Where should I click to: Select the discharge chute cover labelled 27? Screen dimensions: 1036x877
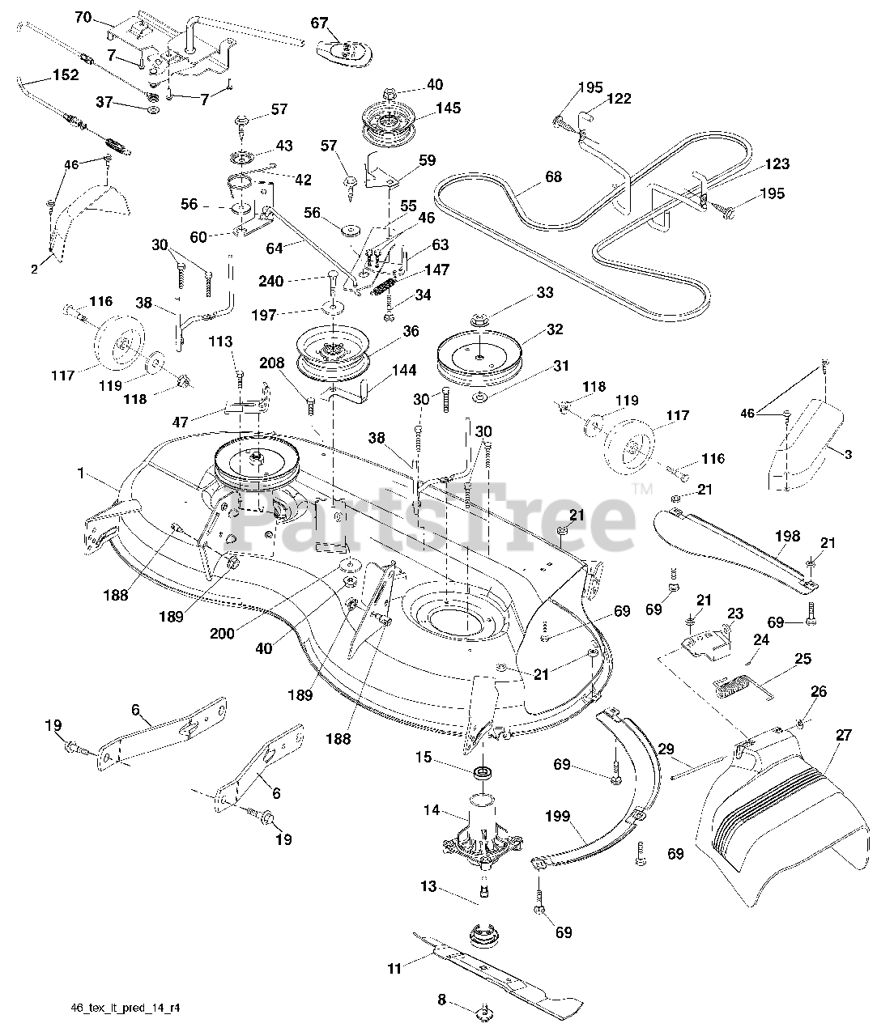coord(777,826)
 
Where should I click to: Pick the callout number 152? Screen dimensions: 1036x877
coord(66,75)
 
